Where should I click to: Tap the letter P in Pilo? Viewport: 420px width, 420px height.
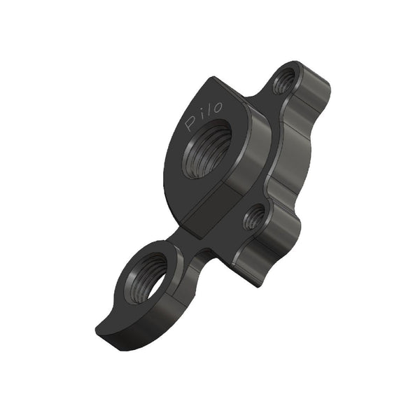(190, 124)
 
